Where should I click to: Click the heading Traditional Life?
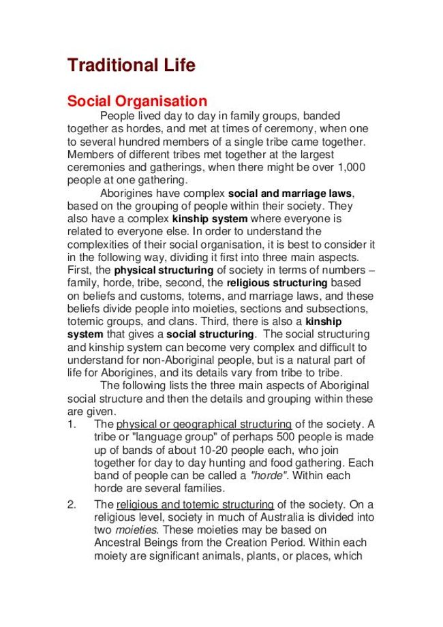(x=131, y=65)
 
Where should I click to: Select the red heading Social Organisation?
(x=136, y=101)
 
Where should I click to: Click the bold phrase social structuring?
(x=211, y=334)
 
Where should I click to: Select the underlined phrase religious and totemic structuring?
(x=196, y=505)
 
